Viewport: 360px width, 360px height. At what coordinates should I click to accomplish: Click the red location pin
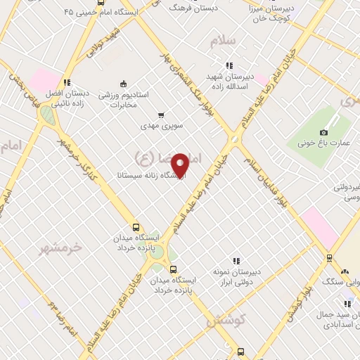coord(180,165)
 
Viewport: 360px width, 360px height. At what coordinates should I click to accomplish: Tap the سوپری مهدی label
coord(161,127)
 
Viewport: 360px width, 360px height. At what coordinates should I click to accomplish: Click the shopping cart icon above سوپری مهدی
coord(161,115)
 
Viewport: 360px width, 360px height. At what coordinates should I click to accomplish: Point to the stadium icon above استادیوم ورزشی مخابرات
coord(124,82)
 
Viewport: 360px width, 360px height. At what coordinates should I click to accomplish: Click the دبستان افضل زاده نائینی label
coord(67,98)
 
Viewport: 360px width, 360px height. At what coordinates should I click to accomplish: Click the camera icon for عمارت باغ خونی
coord(323,132)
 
